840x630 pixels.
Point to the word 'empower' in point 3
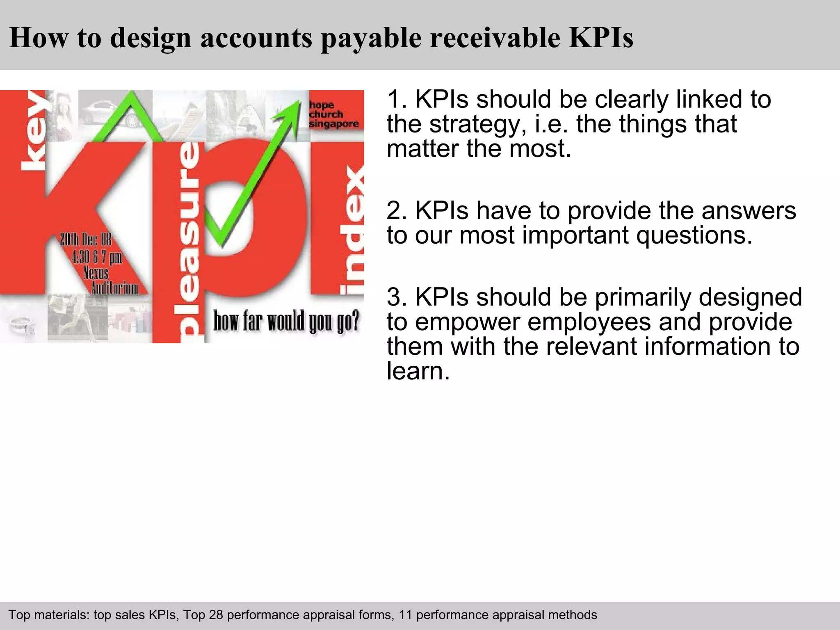468,322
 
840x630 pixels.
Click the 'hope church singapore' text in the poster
333,114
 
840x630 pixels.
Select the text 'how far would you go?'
286,321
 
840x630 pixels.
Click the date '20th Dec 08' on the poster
86,240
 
